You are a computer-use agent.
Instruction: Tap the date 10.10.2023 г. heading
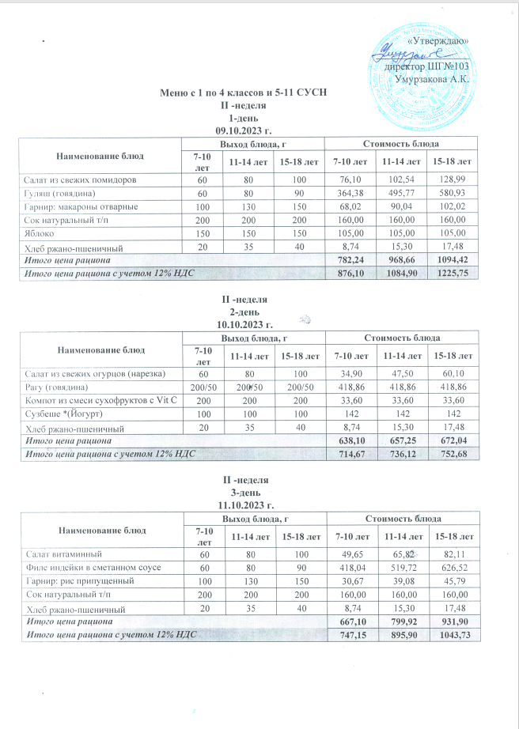pos(244,324)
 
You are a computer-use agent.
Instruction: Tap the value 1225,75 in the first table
pos(449,273)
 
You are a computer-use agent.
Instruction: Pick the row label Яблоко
pos(36,234)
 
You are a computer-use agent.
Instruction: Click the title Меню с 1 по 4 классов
pos(244,94)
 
